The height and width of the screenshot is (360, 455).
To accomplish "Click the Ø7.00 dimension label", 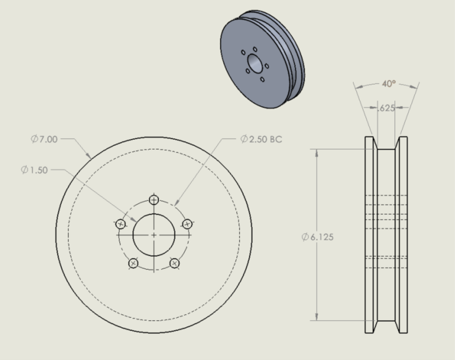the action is point(44,139).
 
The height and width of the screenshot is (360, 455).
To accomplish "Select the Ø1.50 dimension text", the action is point(34,170).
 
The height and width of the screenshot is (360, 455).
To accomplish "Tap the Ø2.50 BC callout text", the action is point(261,139).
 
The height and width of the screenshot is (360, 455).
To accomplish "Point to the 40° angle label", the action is point(389,84).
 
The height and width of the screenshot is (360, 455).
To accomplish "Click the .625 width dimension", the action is point(386,108).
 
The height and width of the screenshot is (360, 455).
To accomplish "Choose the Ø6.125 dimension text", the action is point(317,237).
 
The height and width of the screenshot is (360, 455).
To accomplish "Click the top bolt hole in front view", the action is point(154,200).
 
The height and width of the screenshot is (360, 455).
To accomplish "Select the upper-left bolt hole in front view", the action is point(120,224).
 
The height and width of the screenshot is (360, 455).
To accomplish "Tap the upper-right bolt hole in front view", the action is point(187,224).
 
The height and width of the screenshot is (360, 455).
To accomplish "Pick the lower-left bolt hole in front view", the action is point(133,263).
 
